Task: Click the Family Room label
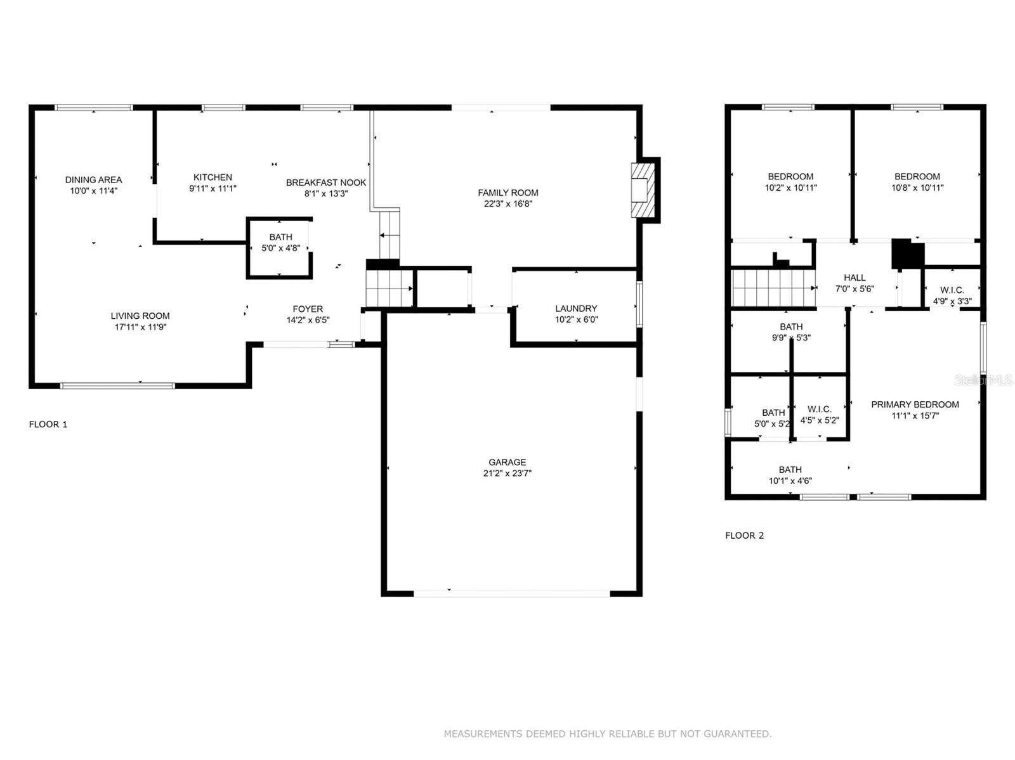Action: (x=507, y=193)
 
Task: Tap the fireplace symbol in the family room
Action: (x=642, y=190)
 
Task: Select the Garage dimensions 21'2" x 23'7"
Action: (x=507, y=473)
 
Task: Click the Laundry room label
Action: (x=576, y=309)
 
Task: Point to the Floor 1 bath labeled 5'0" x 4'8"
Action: (x=280, y=243)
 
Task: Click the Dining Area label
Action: (x=93, y=180)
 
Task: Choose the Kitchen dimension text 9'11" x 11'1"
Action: (x=213, y=189)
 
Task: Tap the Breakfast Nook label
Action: (x=326, y=183)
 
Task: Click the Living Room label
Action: (x=140, y=316)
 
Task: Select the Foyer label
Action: (x=308, y=309)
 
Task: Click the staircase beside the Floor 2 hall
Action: (x=773, y=288)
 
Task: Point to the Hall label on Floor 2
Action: (x=855, y=278)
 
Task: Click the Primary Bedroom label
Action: (x=915, y=404)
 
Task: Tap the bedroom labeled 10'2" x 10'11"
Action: (x=790, y=182)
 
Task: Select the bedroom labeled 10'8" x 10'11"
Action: (x=917, y=182)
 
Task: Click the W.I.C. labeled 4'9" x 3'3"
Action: (x=952, y=295)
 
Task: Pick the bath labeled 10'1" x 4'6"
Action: (x=790, y=475)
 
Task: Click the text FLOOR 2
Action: (x=744, y=536)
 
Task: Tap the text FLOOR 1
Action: (x=48, y=425)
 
